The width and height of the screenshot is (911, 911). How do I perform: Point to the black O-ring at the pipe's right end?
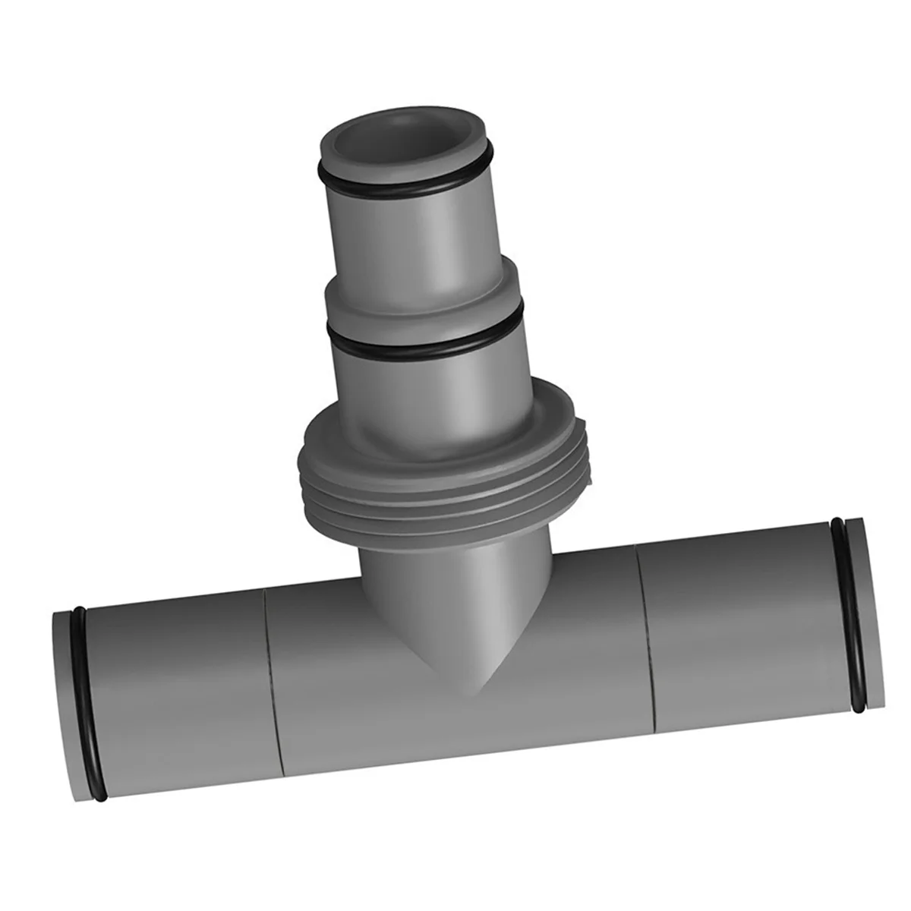(849, 615)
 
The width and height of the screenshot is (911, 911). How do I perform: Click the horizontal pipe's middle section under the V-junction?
(463, 721)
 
